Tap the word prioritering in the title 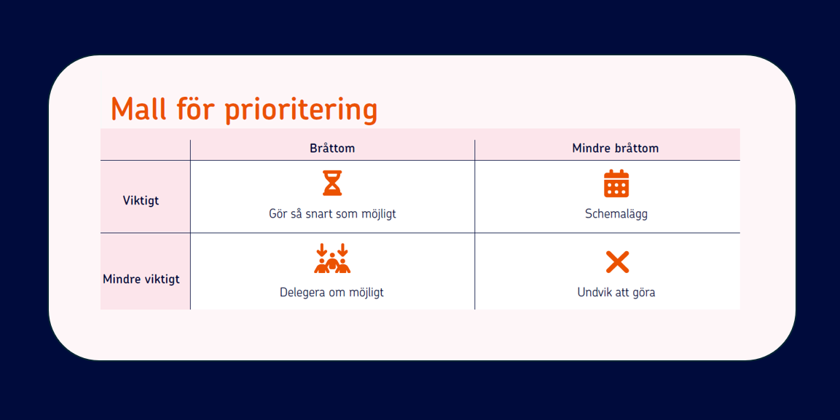[301, 110]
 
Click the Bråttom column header [332, 148]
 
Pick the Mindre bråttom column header [616, 148]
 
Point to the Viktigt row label [141, 201]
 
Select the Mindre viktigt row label [141, 280]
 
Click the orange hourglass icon [332, 183]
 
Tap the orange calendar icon [616, 183]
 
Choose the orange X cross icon [617, 262]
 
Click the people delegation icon [332, 258]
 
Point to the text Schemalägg [616, 215]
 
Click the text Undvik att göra [616, 293]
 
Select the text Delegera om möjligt [331, 293]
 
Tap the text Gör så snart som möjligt [332, 215]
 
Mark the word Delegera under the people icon [301, 293]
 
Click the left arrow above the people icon [321, 250]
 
